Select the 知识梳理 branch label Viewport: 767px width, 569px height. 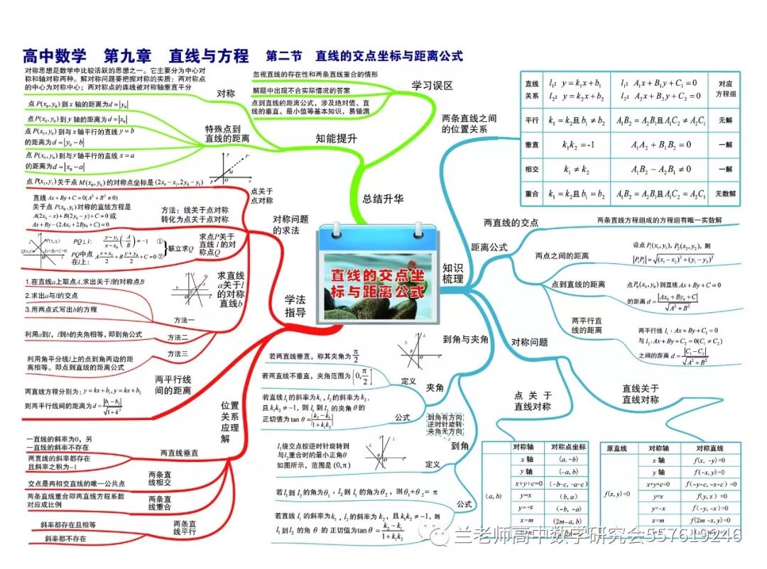pyautogui.click(x=452, y=273)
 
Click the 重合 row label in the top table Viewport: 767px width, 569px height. pyautogui.click(x=531, y=193)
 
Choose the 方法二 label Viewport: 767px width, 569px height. pyautogui.click(x=178, y=337)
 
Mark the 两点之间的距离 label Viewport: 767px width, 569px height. pyautogui.click(x=562, y=256)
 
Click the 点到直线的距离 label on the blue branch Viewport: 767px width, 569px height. pyautogui.click(x=578, y=284)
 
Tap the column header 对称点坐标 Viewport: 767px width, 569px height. pyautogui.click(x=568, y=447)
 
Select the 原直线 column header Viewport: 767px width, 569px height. pyautogui.click(x=616, y=448)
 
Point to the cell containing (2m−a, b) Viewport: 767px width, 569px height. pyautogui.click(x=568, y=521)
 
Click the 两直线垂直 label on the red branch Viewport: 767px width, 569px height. pyautogui.click(x=179, y=453)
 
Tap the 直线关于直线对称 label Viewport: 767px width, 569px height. pyautogui.click(x=640, y=394)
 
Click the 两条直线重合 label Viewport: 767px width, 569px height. pyautogui.click(x=161, y=504)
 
